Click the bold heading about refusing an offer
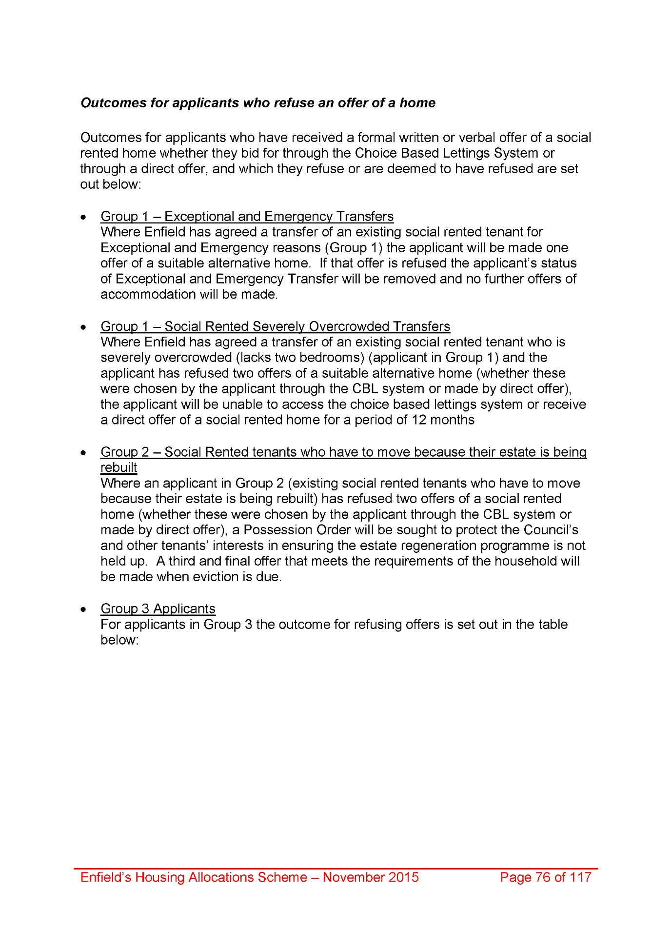pyautogui.click(x=257, y=103)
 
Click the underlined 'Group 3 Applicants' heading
pyautogui.click(x=158, y=608)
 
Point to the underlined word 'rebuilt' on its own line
pyautogui.click(x=119, y=467)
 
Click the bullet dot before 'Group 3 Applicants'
pyautogui.click(x=84, y=609)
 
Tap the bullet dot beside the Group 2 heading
pyautogui.click(x=84, y=453)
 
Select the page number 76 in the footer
pyautogui.click(x=543, y=877)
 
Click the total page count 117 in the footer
pyautogui.click(x=580, y=877)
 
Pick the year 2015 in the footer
pyautogui.click(x=403, y=877)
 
